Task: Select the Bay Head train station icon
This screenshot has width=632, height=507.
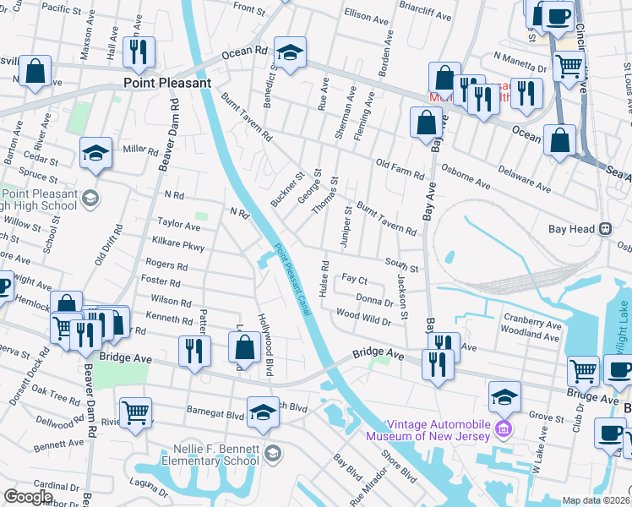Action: coord(605,229)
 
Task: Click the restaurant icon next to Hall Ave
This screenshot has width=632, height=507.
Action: coord(137,52)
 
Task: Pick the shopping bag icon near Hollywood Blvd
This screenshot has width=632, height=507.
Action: coord(243,347)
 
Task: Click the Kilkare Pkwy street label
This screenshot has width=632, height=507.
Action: coord(175,247)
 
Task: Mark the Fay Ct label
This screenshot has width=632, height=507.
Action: coord(355,278)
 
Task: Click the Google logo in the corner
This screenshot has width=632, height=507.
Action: coord(28,496)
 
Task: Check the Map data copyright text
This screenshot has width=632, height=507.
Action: coord(597,500)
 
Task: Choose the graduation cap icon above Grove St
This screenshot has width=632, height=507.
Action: coord(504,396)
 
